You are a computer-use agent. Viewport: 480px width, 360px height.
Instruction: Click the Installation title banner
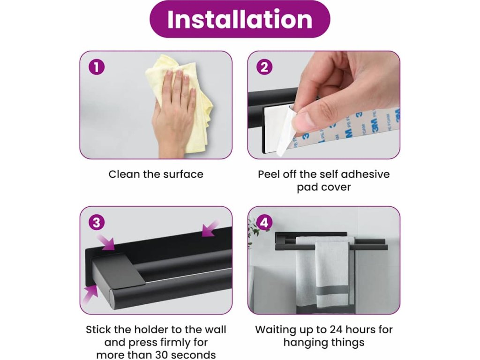(x=240, y=19)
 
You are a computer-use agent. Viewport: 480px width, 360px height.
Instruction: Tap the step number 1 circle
(x=97, y=67)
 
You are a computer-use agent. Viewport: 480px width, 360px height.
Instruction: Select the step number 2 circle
(x=264, y=67)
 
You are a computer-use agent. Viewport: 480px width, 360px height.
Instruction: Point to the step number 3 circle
(x=97, y=222)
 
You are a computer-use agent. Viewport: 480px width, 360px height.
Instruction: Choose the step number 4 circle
(x=264, y=222)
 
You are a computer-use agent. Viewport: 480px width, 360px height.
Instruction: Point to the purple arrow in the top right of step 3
(x=210, y=228)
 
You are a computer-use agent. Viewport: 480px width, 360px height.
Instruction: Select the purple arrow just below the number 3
(x=106, y=242)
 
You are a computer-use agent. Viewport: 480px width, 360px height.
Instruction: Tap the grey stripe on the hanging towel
(x=332, y=290)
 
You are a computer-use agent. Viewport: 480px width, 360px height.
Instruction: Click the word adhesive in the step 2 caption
(x=365, y=174)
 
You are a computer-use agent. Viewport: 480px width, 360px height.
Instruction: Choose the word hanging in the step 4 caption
(x=303, y=342)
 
